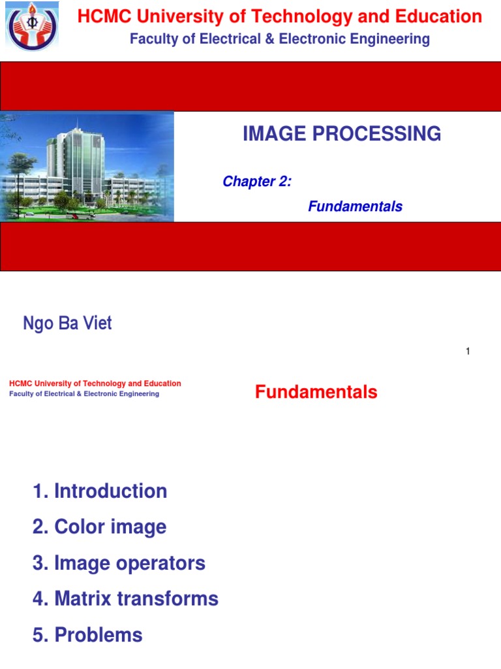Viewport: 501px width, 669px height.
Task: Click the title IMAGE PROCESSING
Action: [342, 134]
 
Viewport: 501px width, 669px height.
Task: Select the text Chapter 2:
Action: [257, 182]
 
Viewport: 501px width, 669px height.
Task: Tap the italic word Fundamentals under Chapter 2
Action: [355, 206]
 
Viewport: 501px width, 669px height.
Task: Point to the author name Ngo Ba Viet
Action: [67, 323]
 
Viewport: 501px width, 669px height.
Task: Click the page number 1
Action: [468, 351]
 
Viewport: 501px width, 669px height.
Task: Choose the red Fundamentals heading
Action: [316, 392]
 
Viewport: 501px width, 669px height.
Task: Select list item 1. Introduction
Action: [100, 491]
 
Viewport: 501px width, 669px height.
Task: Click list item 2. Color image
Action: [99, 527]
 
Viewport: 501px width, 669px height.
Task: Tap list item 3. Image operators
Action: [119, 563]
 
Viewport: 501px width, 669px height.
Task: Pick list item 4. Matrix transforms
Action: [125, 598]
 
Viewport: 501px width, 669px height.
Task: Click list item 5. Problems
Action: [87, 634]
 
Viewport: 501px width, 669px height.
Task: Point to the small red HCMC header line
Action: [95, 383]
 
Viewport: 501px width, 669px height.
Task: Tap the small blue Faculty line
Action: [84, 394]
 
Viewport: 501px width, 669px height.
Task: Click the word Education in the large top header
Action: [443, 17]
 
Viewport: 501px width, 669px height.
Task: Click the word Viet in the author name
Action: [97, 323]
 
